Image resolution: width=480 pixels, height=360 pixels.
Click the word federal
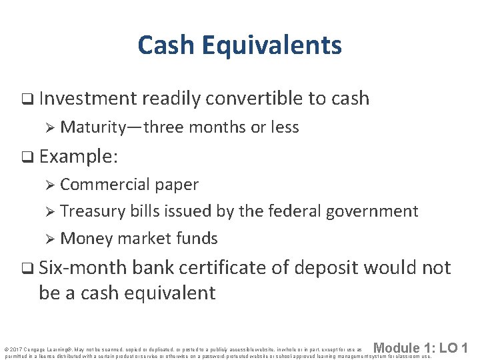click(289, 211)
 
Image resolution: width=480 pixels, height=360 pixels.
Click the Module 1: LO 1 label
click(421, 348)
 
